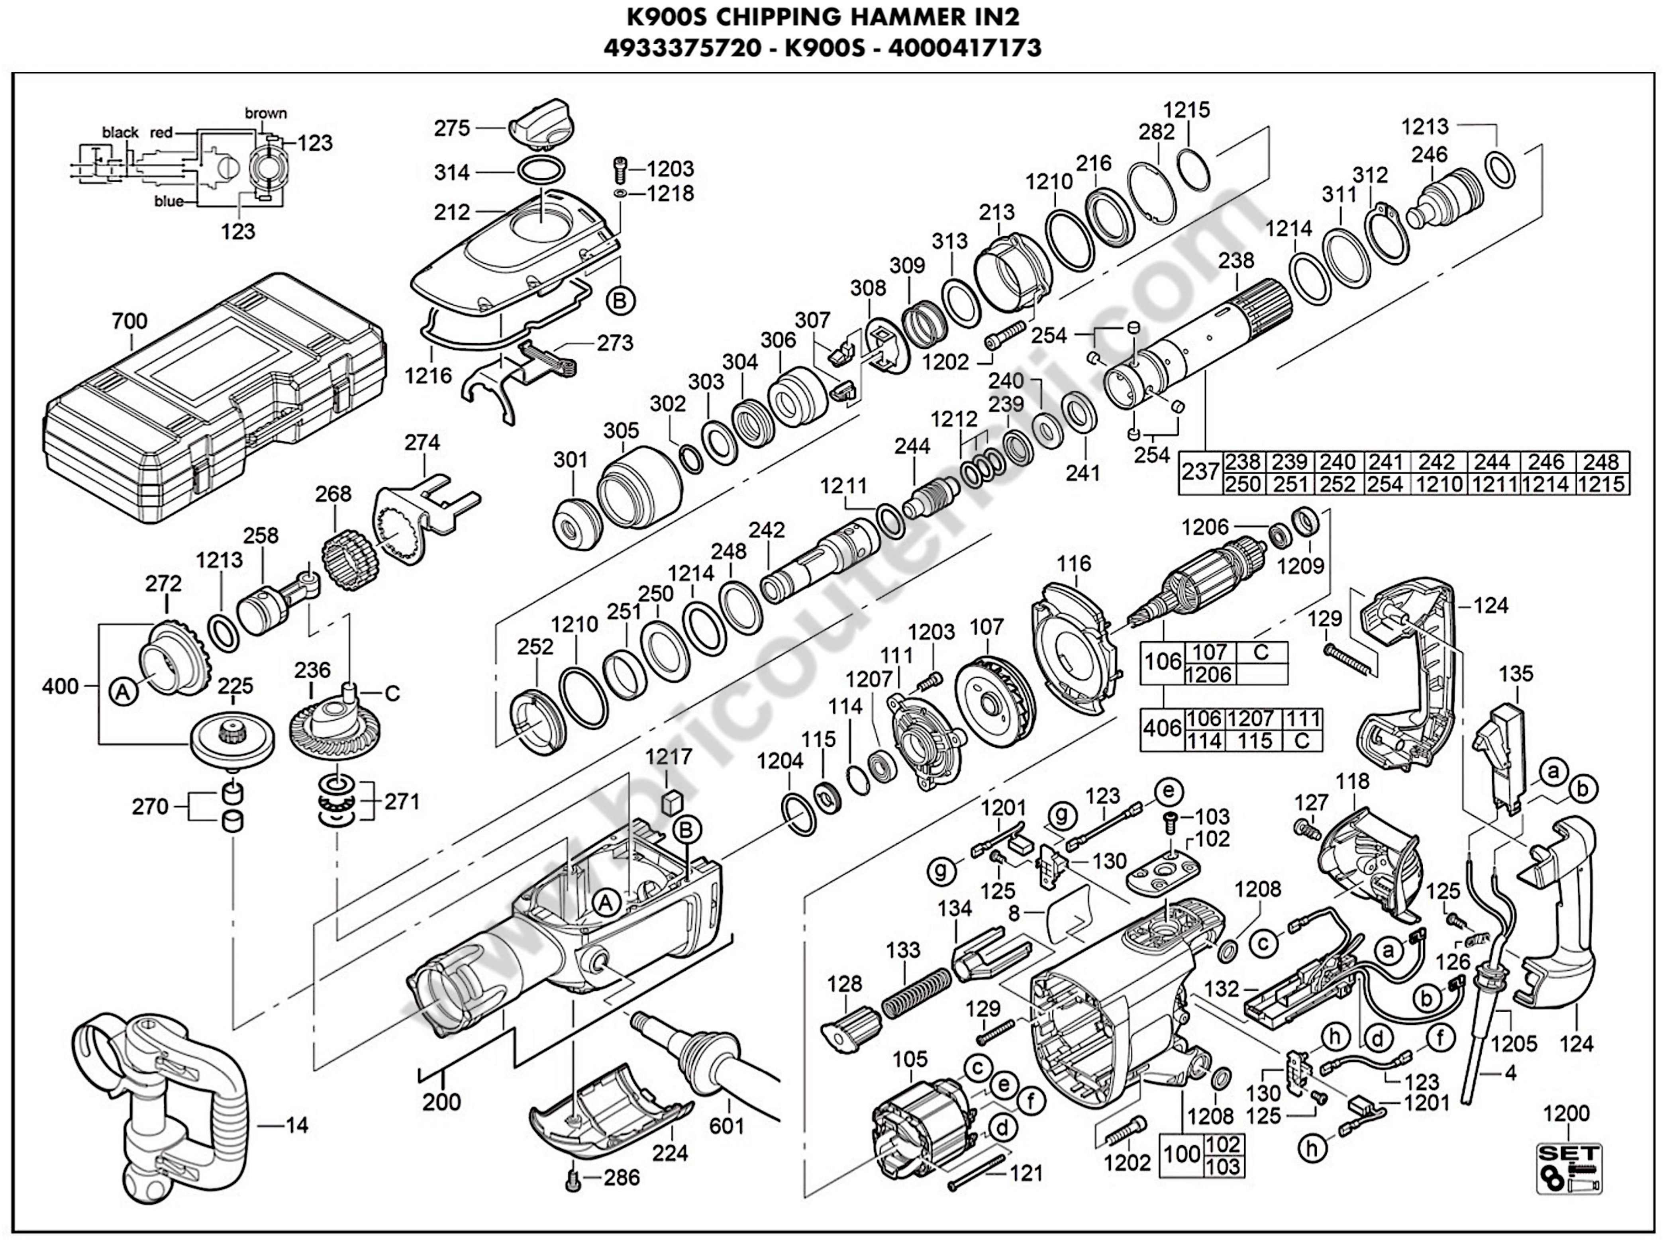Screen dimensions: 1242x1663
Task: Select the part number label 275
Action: [x=452, y=129]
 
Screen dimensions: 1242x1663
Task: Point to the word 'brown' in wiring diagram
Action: [x=265, y=114]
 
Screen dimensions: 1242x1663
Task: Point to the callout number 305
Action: [x=621, y=431]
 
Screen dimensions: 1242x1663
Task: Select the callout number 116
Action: [x=1074, y=563]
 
